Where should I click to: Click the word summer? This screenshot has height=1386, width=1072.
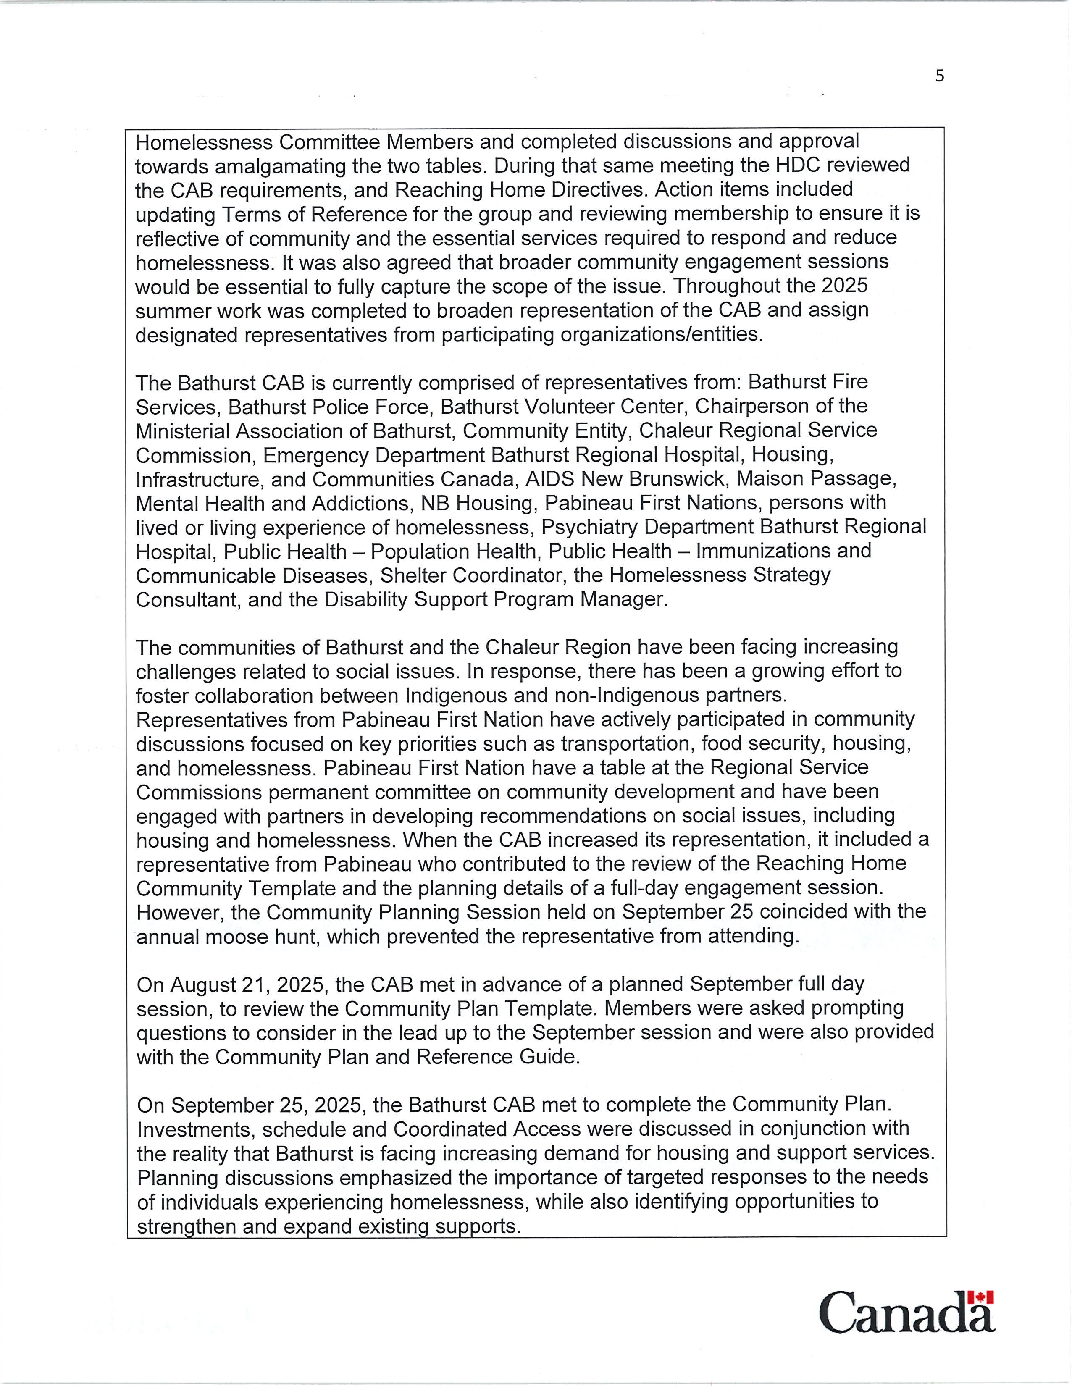click(170, 310)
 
